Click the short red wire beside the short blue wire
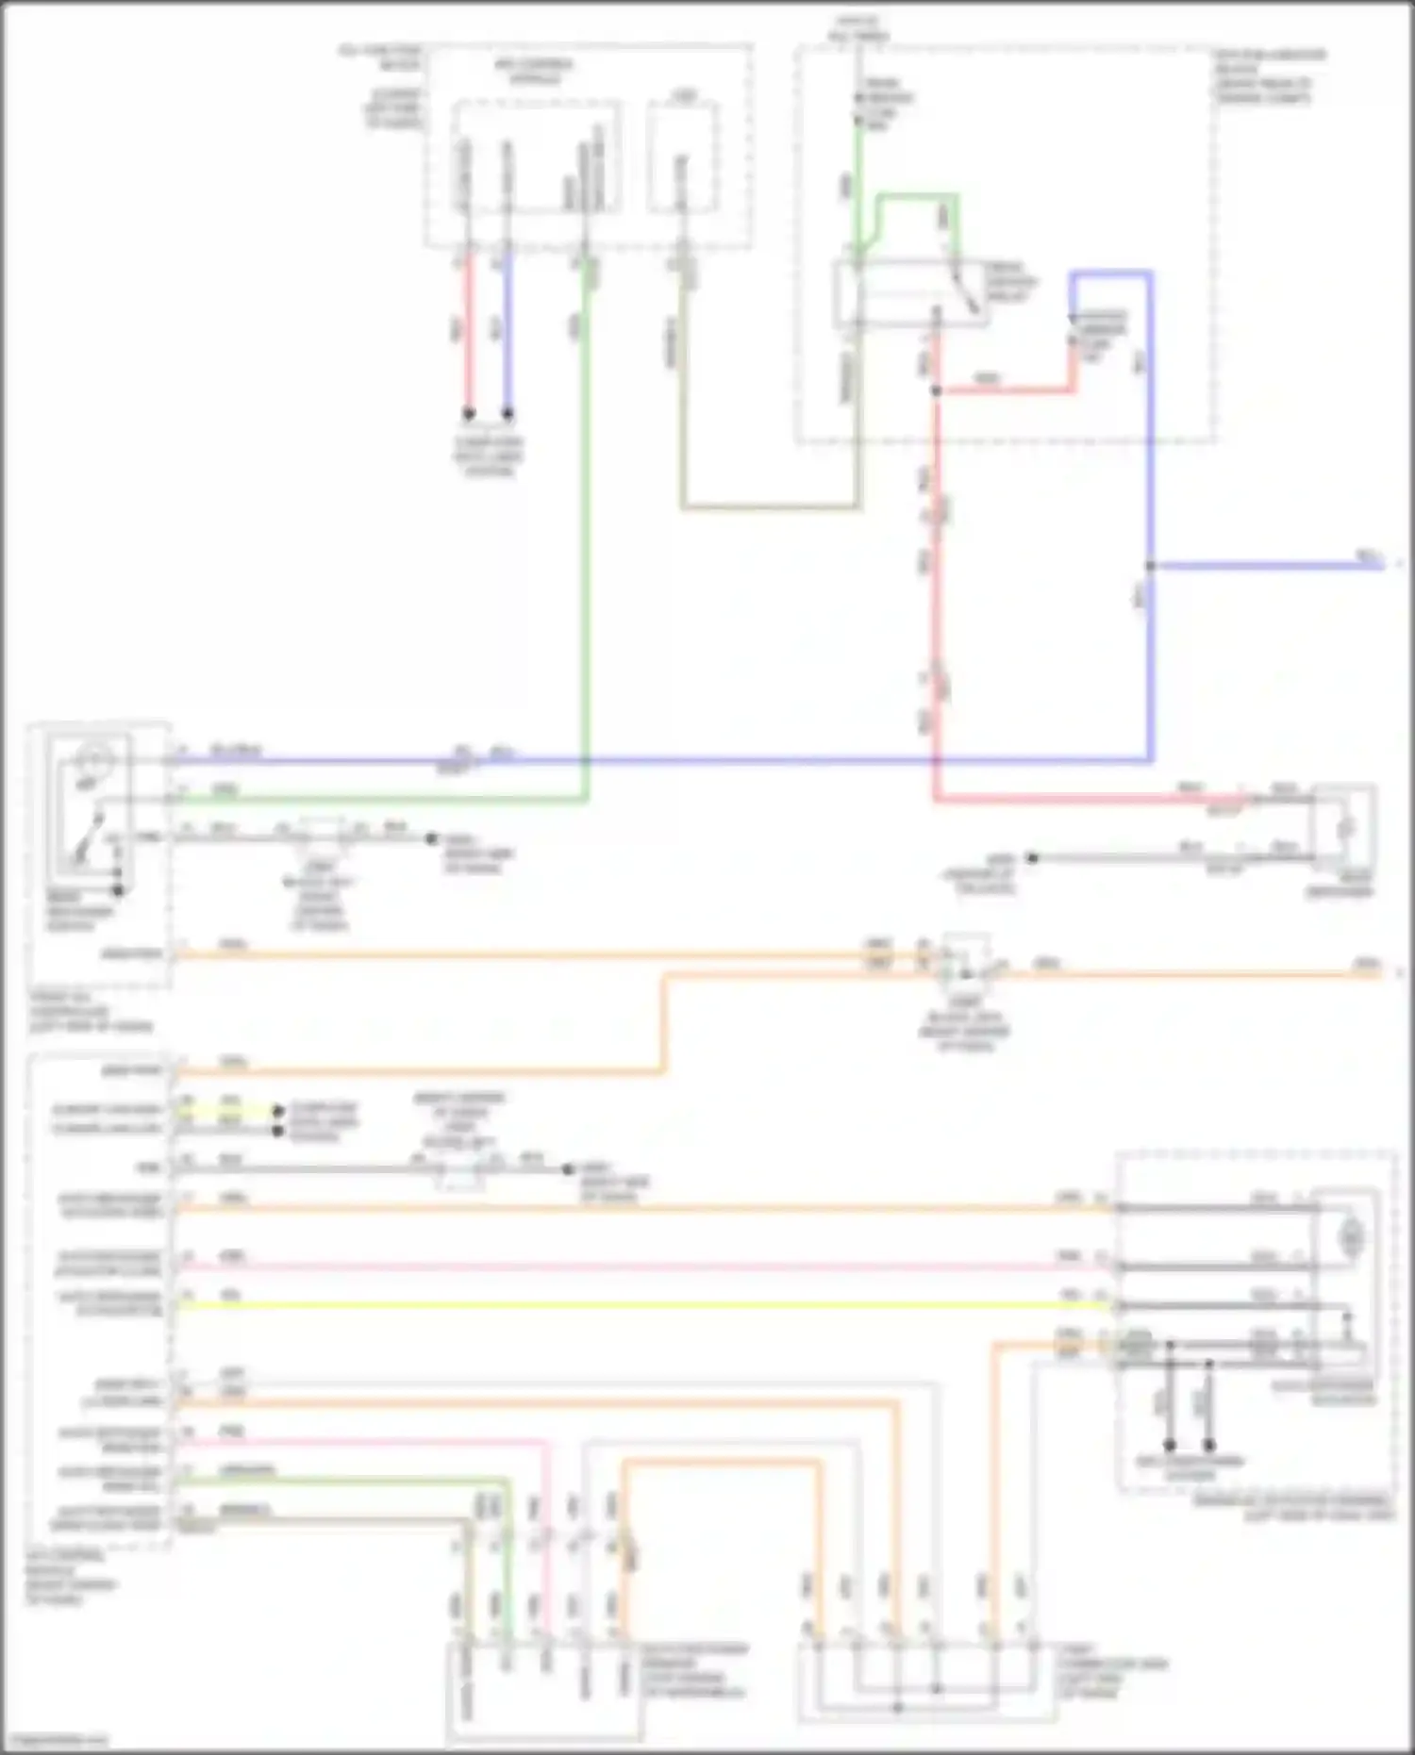tap(467, 330)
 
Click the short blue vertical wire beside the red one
tap(508, 330)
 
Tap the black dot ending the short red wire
tap(468, 413)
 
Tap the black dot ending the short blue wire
tap(508, 413)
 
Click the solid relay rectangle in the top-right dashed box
tap(910, 293)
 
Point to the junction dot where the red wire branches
tap(936, 389)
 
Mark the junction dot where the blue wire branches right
tap(1150, 566)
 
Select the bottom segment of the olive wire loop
tap(770, 507)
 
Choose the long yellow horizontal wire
tap(641, 1306)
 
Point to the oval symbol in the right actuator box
tap(1353, 1233)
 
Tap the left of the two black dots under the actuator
tap(1170, 1445)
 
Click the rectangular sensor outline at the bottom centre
tap(544, 1693)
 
